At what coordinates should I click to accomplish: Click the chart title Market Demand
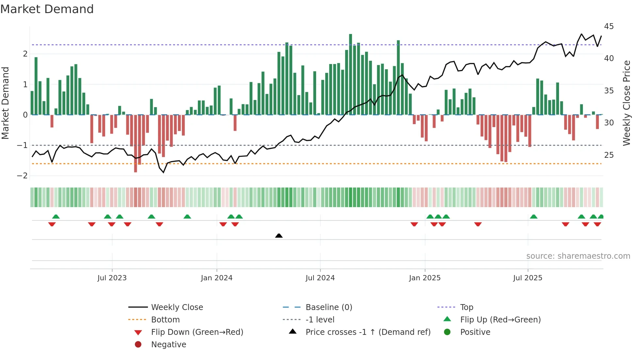tap(47, 9)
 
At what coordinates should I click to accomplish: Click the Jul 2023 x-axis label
tap(112, 278)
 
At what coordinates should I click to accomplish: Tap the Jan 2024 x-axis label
tap(216, 278)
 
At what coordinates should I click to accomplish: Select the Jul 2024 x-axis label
tap(320, 278)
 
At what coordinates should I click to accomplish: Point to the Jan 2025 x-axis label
tap(424, 278)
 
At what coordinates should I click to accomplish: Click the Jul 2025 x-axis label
tap(527, 278)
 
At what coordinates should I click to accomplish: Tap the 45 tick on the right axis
tap(609, 26)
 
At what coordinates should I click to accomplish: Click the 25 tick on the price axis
tap(609, 155)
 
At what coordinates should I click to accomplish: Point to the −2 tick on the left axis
tap(22, 176)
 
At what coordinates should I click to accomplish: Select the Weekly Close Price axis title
tap(626, 103)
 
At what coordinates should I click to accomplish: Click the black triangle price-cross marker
tap(279, 236)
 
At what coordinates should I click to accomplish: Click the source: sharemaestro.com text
tap(578, 256)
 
